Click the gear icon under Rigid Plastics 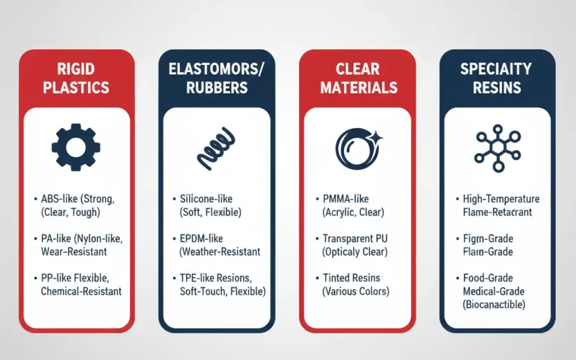pyautogui.click(x=75, y=147)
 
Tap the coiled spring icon pyautogui.click(x=216, y=148)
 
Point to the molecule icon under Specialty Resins pyautogui.click(x=497, y=148)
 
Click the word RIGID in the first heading pyautogui.click(x=76, y=69)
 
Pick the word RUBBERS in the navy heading pyautogui.click(x=217, y=87)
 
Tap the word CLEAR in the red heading pyautogui.click(x=357, y=69)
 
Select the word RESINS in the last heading pyautogui.click(x=496, y=87)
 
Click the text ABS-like pyautogui.click(x=59, y=199)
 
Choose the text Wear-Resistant pyautogui.click(x=74, y=251)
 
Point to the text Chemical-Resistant pyautogui.click(x=81, y=291)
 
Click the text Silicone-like pyautogui.click(x=206, y=199)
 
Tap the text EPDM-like pyautogui.click(x=201, y=238)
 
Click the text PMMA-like pyautogui.click(x=345, y=199)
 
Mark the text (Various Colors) pyautogui.click(x=356, y=291)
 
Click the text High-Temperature pyautogui.click(x=501, y=199)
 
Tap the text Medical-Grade pyautogui.click(x=494, y=291)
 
